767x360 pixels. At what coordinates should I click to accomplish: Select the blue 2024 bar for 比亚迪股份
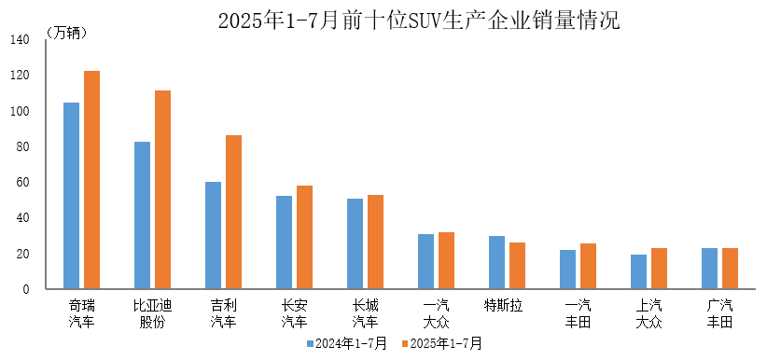(142, 215)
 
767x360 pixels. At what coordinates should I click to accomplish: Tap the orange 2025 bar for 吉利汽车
(233, 213)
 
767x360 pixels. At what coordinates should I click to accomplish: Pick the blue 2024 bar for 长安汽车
(284, 242)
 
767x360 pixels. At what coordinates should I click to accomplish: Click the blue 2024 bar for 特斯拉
(496, 263)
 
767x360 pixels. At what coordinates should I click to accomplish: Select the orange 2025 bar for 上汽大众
(659, 269)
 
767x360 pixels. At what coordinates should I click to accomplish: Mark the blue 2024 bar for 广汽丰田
(709, 269)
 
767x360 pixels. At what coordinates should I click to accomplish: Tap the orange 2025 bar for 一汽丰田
(588, 267)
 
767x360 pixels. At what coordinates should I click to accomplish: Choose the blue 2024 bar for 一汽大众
(425, 262)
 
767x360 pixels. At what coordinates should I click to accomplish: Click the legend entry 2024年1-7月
(347, 343)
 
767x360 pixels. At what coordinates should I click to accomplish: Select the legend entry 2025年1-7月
(441, 343)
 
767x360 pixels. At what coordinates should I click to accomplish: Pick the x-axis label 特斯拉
(503, 305)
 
